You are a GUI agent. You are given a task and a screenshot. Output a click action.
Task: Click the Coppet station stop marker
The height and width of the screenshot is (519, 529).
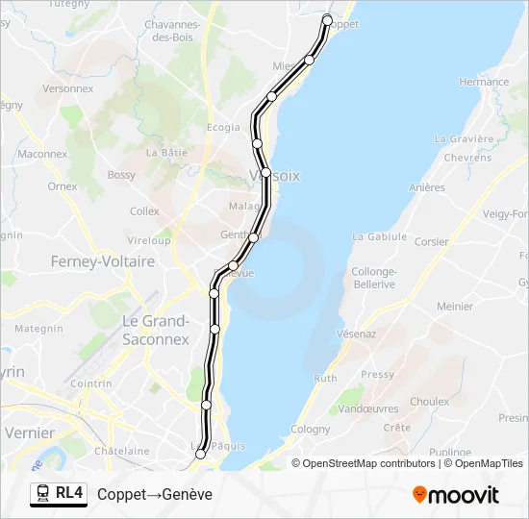point(327,20)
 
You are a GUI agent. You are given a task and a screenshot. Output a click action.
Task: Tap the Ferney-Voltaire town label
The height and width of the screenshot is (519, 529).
point(103,261)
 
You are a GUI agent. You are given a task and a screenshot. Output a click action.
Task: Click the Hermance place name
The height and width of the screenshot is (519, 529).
point(484,83)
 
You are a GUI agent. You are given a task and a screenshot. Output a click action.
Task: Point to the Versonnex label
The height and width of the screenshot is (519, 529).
point(68,88)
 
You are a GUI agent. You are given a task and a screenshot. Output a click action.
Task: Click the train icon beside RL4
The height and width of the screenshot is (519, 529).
point(43,494)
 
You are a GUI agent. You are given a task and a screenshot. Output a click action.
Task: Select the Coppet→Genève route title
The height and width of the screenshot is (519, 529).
point(155,494)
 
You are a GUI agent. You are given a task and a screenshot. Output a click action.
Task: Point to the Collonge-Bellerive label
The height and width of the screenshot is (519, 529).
point(374,278)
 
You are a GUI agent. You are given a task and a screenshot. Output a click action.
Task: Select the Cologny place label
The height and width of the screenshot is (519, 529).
point(310,430)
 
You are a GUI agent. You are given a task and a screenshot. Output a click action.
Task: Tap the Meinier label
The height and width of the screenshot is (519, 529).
point(455,307)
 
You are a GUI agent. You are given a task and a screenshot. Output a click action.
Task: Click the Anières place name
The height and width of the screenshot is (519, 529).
point(427,188)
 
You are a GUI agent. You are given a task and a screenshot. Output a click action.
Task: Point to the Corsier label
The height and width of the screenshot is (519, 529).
point(432,242)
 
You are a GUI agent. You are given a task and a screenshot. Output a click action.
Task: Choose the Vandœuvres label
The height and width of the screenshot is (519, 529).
point(370,408)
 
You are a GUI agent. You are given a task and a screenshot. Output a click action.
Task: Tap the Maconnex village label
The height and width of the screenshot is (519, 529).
point(42,154)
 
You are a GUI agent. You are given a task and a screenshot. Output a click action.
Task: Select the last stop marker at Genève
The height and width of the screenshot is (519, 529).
point(200,455)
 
